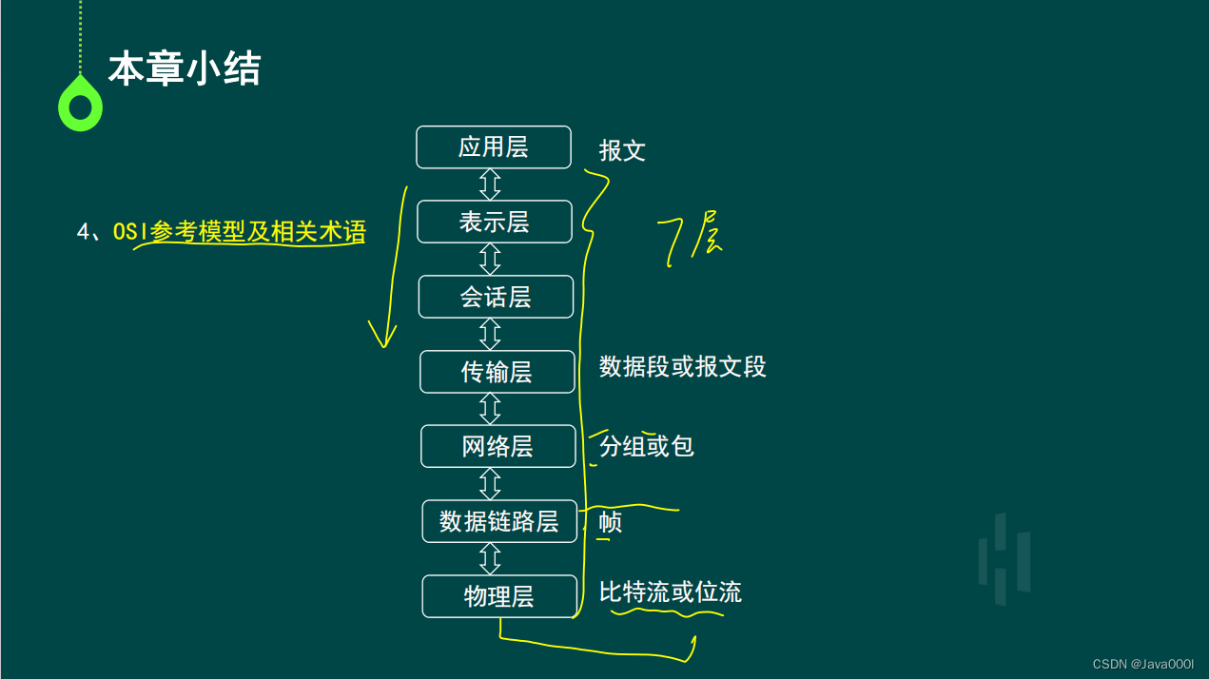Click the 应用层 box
[494, 147]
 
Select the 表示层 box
[495, 222]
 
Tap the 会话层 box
[496, 297]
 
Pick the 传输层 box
[497, 372]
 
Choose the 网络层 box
[497, 446]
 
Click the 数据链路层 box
[499, 521]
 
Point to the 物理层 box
[499, 596]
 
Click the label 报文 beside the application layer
[622, 150]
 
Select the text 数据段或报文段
[682, 367]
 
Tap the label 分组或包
[647, 446]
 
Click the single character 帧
[611, 522]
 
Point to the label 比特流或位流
[670, 592]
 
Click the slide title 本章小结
[185, 69]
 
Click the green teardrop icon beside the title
[80, 105]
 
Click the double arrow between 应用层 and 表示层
[490, 184]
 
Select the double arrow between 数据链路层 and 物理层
[490, 558]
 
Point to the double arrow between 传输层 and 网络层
[490, 409]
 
